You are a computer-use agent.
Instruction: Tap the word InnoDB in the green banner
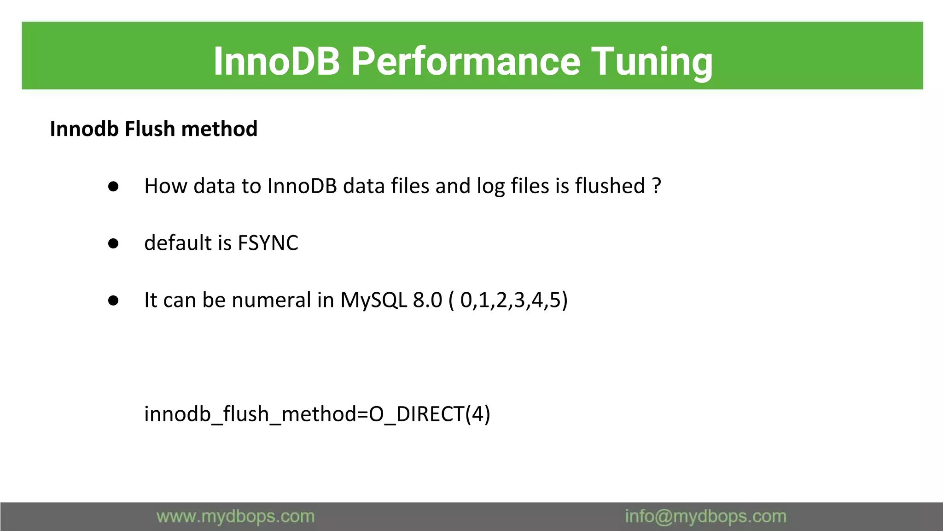coord(276,61)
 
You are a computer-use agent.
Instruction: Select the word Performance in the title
coord(466,61)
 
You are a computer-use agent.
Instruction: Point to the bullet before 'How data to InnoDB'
coord(113,187)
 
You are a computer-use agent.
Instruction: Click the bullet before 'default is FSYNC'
coord(113,244)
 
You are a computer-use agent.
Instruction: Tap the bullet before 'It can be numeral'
coord(113,301)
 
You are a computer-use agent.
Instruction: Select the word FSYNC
coord(268,243)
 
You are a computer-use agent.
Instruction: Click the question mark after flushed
coord(657,186)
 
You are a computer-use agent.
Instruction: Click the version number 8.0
coord(427,300)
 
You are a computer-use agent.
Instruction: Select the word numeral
coord(271,300)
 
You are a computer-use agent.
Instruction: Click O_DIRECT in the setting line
coord(417,414)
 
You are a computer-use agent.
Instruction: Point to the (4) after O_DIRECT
coord(478,414)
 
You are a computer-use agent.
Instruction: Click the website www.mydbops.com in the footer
coord(235,516)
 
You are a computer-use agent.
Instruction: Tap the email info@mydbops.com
coord(705,516)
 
